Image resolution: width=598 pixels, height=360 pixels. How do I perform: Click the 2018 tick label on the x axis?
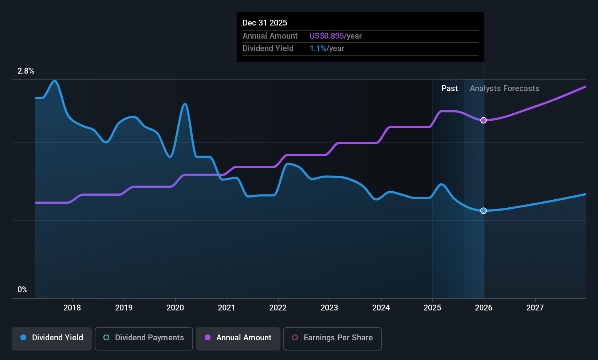tap(72, 308)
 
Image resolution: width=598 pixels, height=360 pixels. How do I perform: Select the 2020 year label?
tap(175, 308)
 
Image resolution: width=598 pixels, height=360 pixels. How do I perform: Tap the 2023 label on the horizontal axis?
tap(329, 308)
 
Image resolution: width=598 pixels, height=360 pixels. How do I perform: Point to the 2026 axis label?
tap(484, 308)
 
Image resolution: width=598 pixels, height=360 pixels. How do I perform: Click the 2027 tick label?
tap(535, 308)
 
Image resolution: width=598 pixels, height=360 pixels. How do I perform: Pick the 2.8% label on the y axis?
tap(26, 71)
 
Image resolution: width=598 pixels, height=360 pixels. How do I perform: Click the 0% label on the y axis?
tap(23, 290)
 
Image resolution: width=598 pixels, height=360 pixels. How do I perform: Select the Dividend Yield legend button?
tap(52, 338)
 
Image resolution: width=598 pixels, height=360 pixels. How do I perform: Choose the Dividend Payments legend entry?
tap(144, 338)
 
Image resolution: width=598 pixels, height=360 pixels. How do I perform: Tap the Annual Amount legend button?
tap(238, 338)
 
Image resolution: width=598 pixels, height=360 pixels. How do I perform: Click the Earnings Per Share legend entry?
tap(332, 338)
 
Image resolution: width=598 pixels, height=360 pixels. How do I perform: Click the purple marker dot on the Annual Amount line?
tap(483, 120)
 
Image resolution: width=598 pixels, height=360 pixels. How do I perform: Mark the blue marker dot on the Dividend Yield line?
tap(483, 211)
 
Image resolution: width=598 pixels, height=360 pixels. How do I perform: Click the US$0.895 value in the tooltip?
tap(327, 36)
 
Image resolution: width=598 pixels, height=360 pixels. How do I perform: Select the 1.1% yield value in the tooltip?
tap(318, 48)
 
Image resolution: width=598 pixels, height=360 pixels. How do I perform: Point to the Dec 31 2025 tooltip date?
tap(265, 23)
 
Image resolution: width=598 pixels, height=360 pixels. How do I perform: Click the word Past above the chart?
tap(449, 89)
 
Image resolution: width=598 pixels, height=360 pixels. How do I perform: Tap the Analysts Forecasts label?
tap(504, 89)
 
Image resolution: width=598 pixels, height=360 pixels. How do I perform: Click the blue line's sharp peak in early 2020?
tap(185, 104)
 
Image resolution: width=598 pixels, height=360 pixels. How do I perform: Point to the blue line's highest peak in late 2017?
tap(55, 81)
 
